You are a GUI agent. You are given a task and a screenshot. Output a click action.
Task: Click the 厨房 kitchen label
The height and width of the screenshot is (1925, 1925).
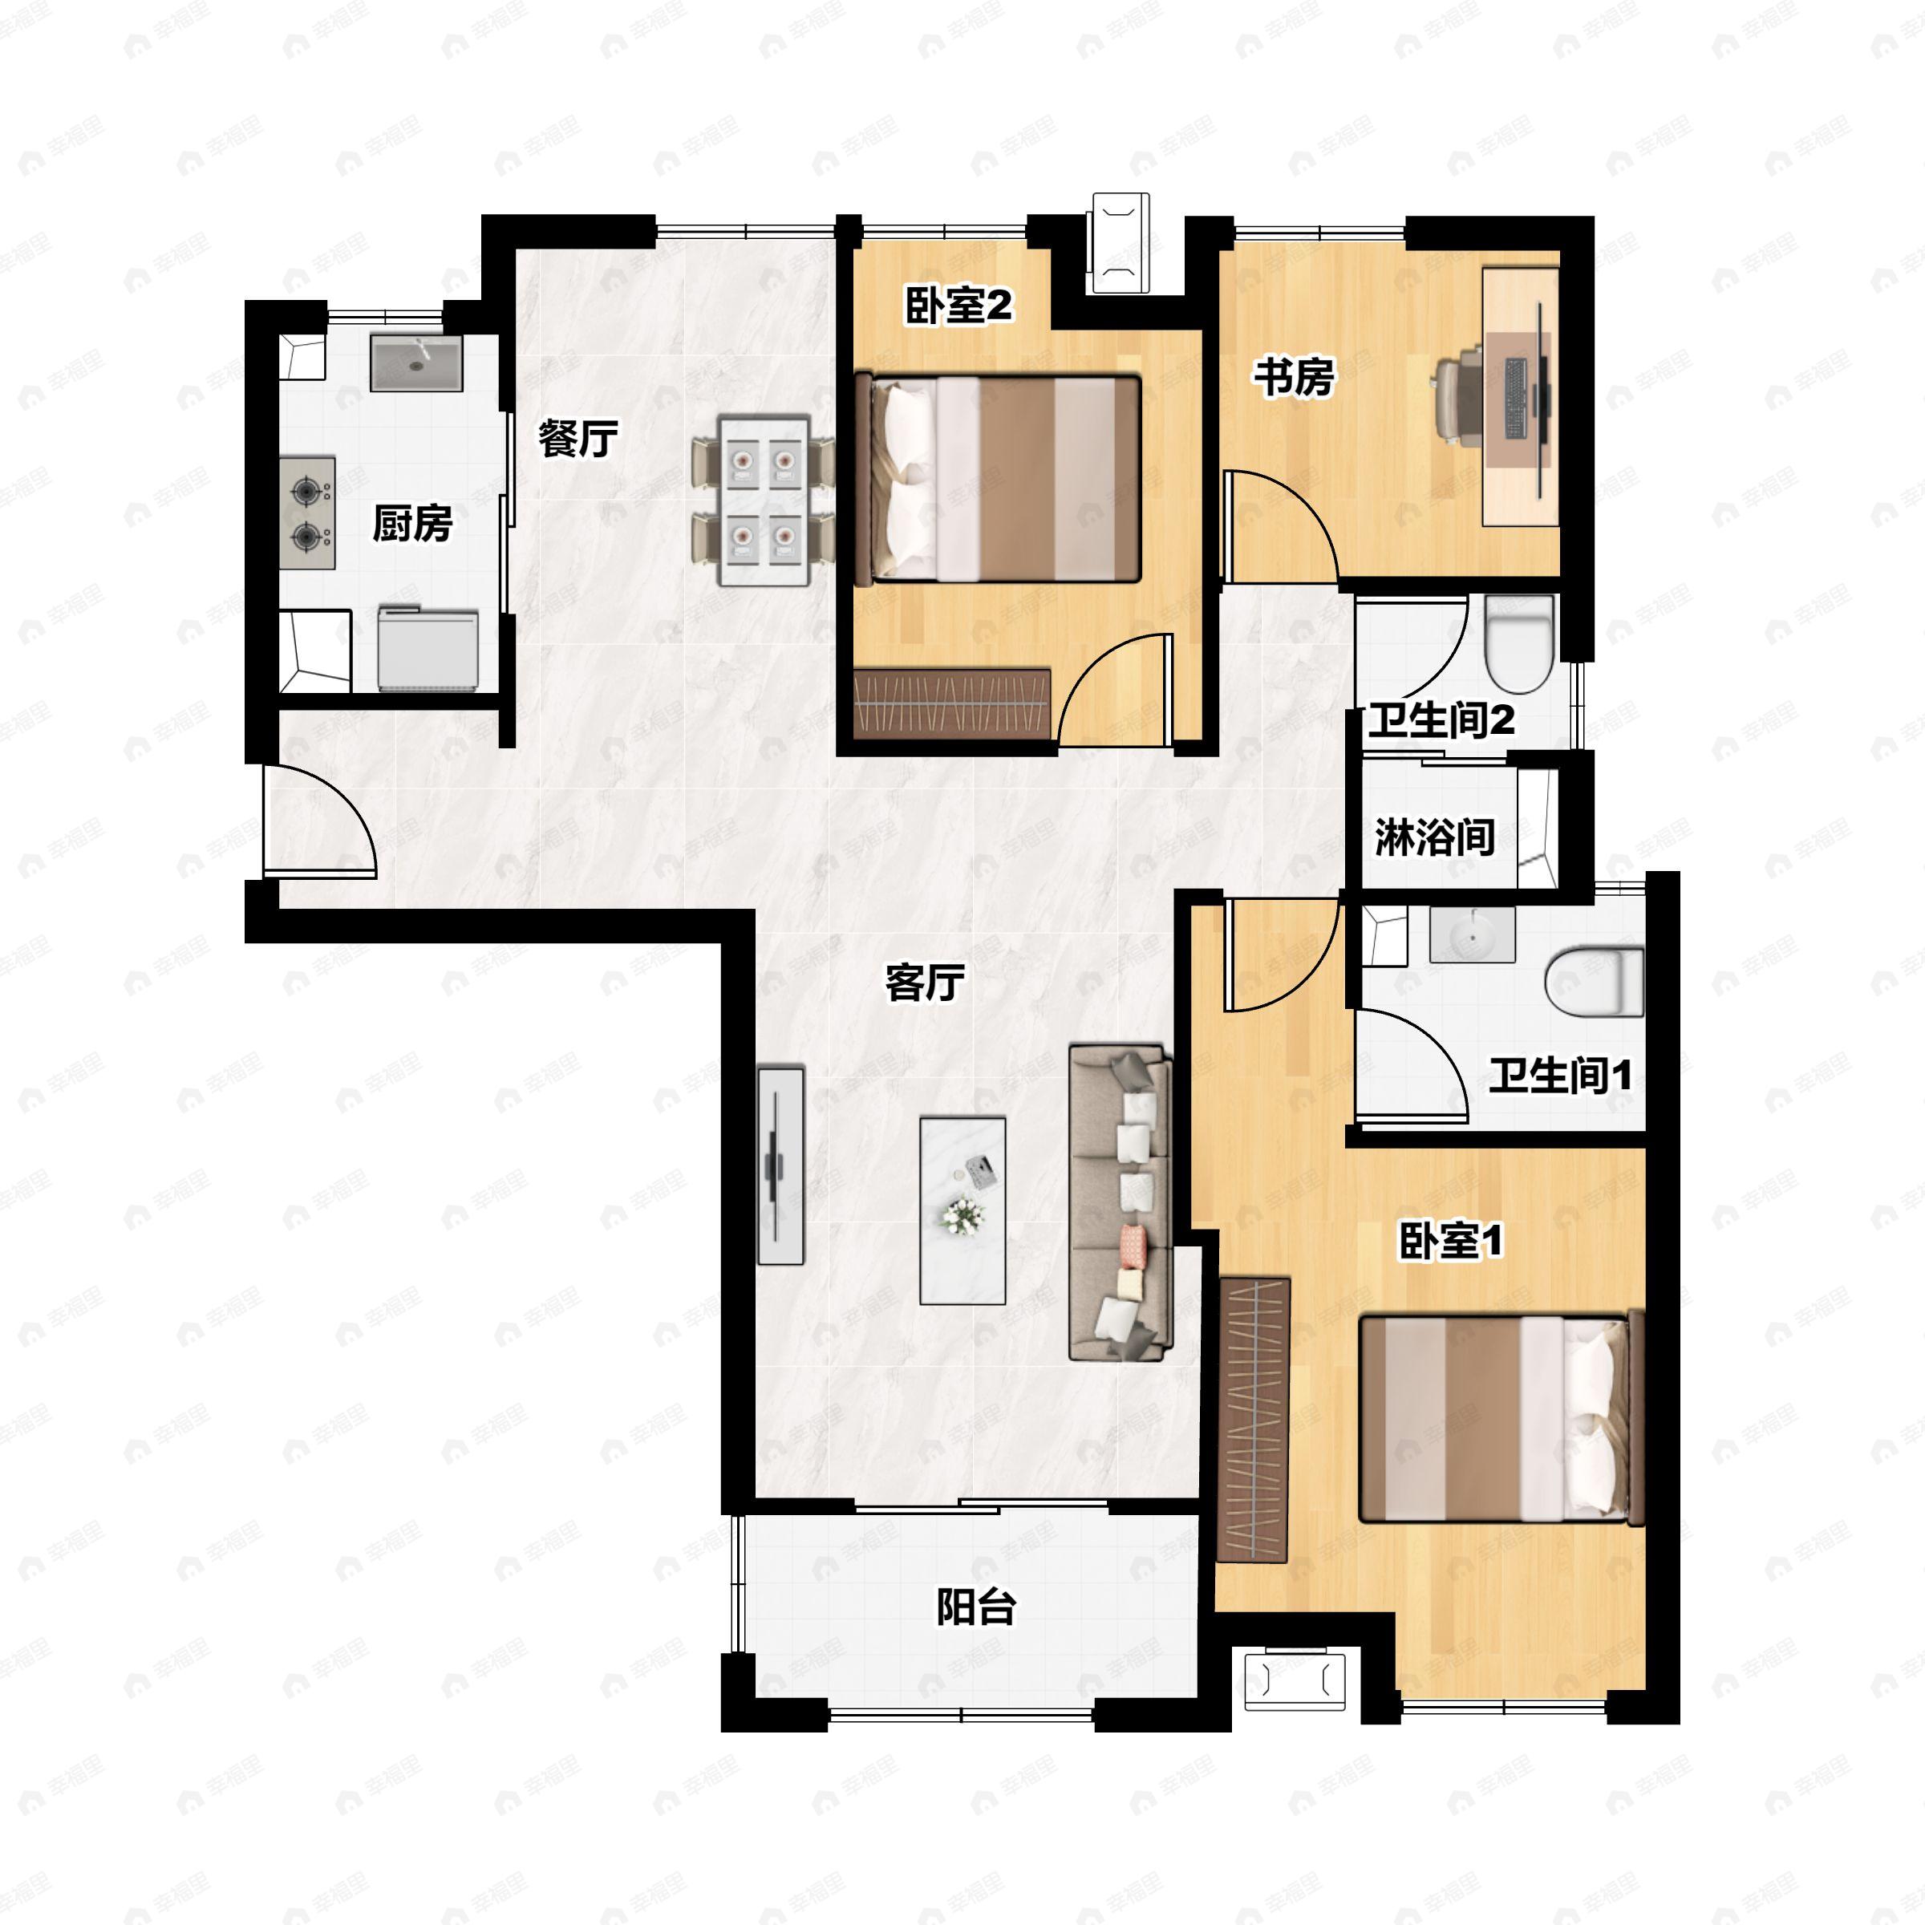(411, 523)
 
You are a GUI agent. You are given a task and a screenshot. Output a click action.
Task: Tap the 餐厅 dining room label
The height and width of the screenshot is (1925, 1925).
(577, 439)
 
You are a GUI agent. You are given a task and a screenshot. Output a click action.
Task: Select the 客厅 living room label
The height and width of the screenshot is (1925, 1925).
(925, 983)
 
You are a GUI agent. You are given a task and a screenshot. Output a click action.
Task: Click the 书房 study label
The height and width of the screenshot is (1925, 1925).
(1293, 377)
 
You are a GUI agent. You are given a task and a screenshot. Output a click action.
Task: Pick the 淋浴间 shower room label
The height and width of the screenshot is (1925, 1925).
(1435, 837)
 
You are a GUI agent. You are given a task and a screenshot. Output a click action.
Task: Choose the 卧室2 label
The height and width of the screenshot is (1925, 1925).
(958, 304)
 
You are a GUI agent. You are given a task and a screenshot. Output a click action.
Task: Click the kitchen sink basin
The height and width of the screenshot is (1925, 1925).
(416, 363)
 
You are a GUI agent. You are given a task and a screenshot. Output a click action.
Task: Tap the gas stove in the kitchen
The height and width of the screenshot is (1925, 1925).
(307, 513)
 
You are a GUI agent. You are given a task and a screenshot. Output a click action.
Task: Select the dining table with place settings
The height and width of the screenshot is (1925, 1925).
(764, 501)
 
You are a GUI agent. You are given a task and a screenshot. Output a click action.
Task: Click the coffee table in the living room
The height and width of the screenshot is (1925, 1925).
(962, 1210)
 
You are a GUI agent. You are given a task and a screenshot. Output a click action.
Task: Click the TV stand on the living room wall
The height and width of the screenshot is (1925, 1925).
(781, 1165)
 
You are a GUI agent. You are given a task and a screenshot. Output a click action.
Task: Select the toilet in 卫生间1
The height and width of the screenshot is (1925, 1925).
(1593, 982)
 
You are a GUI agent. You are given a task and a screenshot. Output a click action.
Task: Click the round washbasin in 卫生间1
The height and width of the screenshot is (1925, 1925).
(1473, 934)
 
